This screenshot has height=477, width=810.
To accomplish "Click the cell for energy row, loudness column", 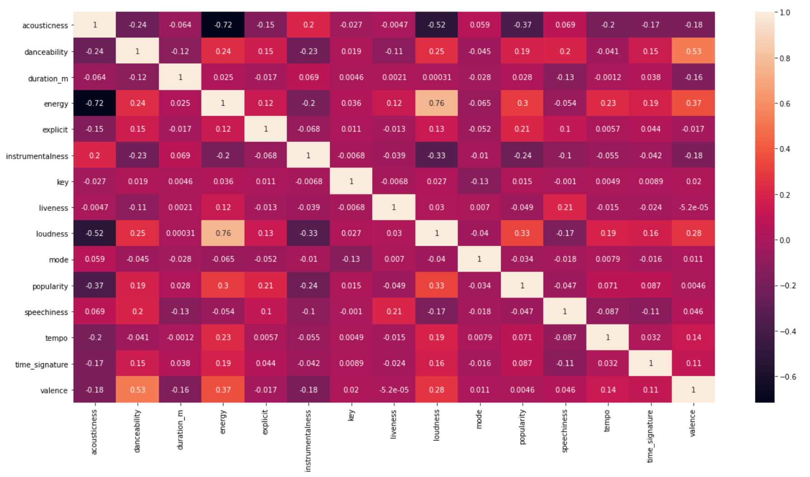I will click(437, 103).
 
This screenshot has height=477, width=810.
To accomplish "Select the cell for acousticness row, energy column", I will click(223, 25).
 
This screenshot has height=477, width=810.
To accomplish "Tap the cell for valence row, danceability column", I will click(137, 390).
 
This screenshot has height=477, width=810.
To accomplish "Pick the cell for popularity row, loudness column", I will click(437, 285).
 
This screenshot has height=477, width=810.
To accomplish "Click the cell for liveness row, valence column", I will click(694, 207).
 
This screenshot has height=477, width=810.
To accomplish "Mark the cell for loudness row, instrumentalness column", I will click(308, 233).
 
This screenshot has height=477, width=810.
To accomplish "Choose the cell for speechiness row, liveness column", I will click(394, 312).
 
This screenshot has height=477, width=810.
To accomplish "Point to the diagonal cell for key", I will click(351, 181).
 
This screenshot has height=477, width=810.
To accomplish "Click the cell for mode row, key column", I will click(351, 259).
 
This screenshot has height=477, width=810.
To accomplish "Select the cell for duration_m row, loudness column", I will click(437, 77).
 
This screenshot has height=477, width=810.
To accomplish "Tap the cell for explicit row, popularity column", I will click(522, 129).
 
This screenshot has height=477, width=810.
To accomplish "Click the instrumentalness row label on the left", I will click(37, 156).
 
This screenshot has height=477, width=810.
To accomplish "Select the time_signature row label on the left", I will click(42, 365).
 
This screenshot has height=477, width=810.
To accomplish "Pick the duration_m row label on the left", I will click(48, 79).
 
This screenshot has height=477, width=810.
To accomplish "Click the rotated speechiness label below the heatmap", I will click(565, 431).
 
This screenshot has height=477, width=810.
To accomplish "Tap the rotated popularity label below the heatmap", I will click(522, 427).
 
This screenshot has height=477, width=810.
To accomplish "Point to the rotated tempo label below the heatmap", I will click(608, 421).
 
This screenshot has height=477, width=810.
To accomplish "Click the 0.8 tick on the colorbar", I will click(785, 58).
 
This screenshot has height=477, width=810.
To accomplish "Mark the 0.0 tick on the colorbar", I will click(785, 240).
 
